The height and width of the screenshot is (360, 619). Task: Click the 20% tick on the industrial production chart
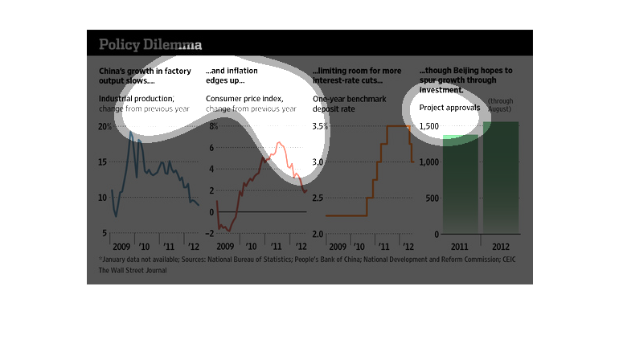105,127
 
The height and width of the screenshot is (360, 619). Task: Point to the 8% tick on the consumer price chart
212,127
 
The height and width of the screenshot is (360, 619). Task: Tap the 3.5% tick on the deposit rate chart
320,127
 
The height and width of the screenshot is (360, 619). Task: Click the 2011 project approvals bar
461,185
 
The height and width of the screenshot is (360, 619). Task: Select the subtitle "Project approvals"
449,107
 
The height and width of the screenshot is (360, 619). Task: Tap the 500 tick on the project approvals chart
432,198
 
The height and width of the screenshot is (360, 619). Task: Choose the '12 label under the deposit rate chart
408,246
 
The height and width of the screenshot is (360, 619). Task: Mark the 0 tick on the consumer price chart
211,212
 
